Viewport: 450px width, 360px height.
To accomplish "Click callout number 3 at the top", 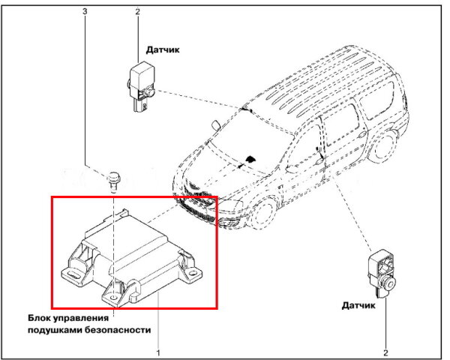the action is pos(85,11).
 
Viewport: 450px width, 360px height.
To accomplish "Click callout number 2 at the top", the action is pos(138,11).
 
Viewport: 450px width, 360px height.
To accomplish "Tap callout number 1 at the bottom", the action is pos(157,352).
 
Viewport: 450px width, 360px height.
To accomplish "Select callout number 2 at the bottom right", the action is pos(385,352).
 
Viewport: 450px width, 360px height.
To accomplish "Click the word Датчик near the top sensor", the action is pos(163,49).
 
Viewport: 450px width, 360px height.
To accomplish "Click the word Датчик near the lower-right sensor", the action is pos(358,305).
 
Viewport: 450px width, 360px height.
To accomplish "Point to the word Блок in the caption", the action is pos(40,318).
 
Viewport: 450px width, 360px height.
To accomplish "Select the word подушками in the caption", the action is pos(55,330).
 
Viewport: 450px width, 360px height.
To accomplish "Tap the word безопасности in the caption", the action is pos(118,330).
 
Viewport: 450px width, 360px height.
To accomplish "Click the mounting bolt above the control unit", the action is pos(114,181).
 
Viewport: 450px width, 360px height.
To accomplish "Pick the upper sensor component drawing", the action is pos(141,85).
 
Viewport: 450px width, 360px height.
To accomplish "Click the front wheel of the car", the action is pos(262,211).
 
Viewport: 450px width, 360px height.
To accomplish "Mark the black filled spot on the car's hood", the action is pos(250,159).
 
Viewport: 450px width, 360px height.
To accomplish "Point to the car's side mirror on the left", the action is pos(216,125).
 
